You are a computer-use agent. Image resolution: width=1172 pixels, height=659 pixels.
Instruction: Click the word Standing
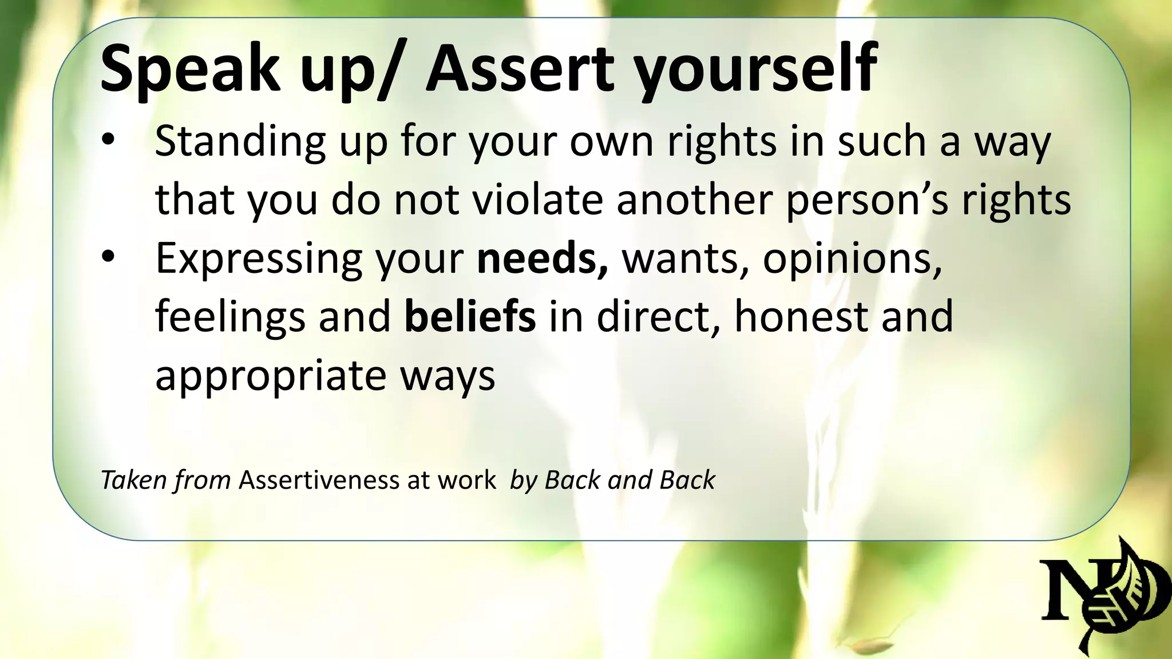tap(240, 142)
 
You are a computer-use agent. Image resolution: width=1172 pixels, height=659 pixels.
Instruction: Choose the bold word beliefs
tap(470, 317)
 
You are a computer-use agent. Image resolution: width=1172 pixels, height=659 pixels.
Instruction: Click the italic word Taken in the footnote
tap(133, 480)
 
